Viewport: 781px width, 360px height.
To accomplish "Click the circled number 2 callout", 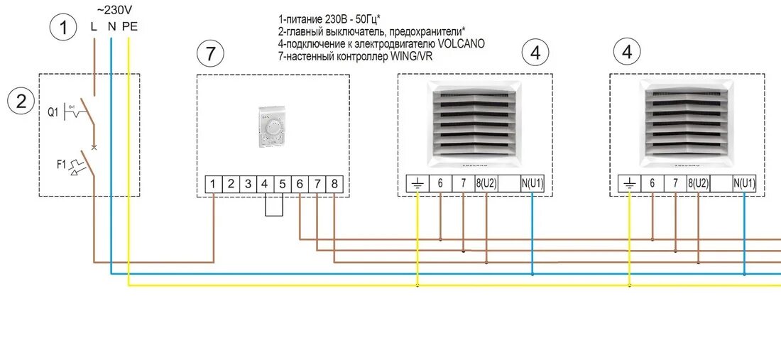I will point(21,101).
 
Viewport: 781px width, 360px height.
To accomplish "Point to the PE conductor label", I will point(130,27).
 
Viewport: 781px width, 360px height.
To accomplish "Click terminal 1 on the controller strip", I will point(214,184).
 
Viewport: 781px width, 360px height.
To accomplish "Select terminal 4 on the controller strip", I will point(265,184).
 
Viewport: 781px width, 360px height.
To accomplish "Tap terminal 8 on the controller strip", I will point(334,184).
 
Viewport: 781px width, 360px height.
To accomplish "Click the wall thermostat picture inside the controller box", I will point(271,127).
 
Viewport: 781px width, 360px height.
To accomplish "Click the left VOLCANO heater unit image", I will point(474,120).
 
